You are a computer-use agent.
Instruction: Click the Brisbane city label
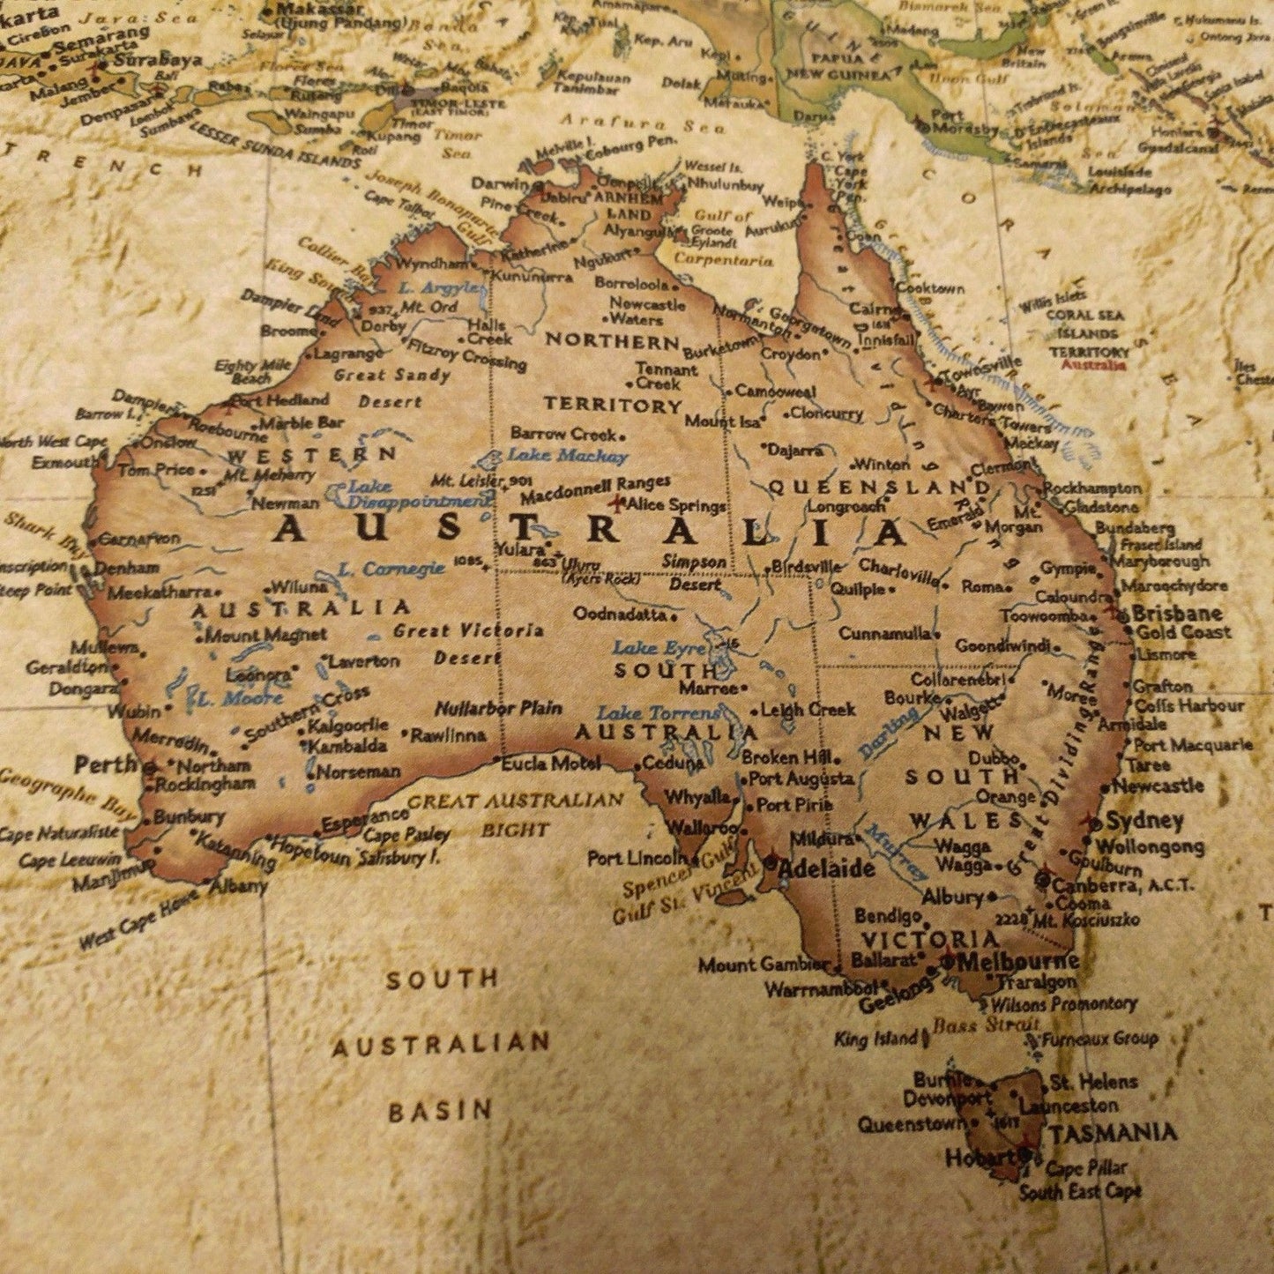[1177, 613]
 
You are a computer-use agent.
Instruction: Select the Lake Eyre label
[659, 648]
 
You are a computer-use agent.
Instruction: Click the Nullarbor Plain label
[498, 708]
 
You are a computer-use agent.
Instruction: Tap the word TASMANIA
[1112, 1132]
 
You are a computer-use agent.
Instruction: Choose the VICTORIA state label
[929, 939]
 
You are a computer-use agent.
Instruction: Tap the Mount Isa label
[723, 421]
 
